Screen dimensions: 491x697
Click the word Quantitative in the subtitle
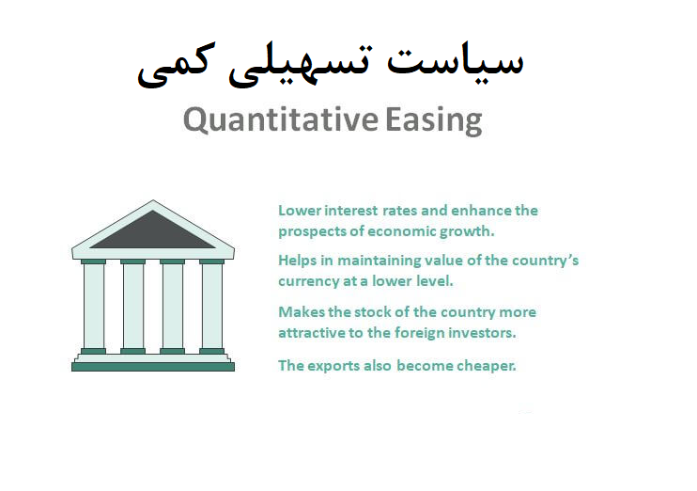pyautogui.click(x=280, y=120)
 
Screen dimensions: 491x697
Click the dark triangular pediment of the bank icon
pyautogui.click(x=152, y=232)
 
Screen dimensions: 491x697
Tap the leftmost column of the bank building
pyautogui.click(x=94, y=305)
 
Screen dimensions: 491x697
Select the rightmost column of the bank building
pyautogui.click(x=211, y=305)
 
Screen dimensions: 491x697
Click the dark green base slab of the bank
pyautogui.click(x=152, y=366)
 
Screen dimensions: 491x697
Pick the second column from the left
pyautogui.click(x=133, y=305)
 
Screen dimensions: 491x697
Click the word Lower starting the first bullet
pyautogui.click(x=298, y=211)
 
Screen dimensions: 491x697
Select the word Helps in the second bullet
pyautogui.click(x=297, y=261)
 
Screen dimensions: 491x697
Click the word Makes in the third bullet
pyautogui.click(x=299, y=311)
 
